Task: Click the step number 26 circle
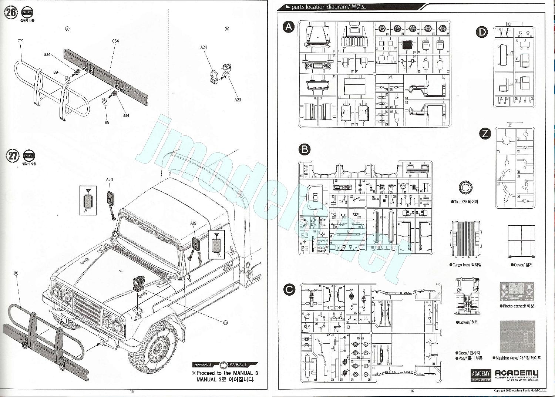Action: click(11, 13)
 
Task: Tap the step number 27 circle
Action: click(13, 156)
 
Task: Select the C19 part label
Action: click(20, 41)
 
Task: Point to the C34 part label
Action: click(115, 41)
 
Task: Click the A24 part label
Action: click(203, 47)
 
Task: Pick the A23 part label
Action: click(238, 100)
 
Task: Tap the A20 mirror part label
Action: click(110, 180)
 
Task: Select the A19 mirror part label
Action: click(193, 223)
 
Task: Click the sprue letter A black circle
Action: click(289, 27)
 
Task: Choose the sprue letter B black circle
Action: click(305, 149)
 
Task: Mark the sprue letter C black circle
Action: click(289, 289)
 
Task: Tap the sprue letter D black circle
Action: click(482, 32)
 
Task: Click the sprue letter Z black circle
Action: click(485, 134)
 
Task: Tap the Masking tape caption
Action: click(517, 358)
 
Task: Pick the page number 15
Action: click(132, 391)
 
